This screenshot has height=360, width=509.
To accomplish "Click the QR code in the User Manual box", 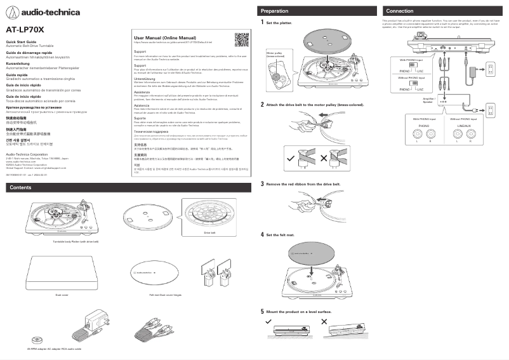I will [241, 39].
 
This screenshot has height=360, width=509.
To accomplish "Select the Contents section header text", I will [21, 187].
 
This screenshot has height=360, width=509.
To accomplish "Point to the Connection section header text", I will [400, 11].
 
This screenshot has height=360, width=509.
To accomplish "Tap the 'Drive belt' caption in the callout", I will [209, 233].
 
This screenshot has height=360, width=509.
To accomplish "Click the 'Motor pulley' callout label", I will [274, 55].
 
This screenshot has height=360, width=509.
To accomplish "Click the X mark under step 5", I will [325, 323].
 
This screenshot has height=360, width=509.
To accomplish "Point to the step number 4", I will [263, 234].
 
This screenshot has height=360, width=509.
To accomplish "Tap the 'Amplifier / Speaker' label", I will [428, 100].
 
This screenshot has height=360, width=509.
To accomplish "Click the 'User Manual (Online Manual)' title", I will [165, 38].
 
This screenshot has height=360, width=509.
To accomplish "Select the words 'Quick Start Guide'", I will [21, 42].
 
